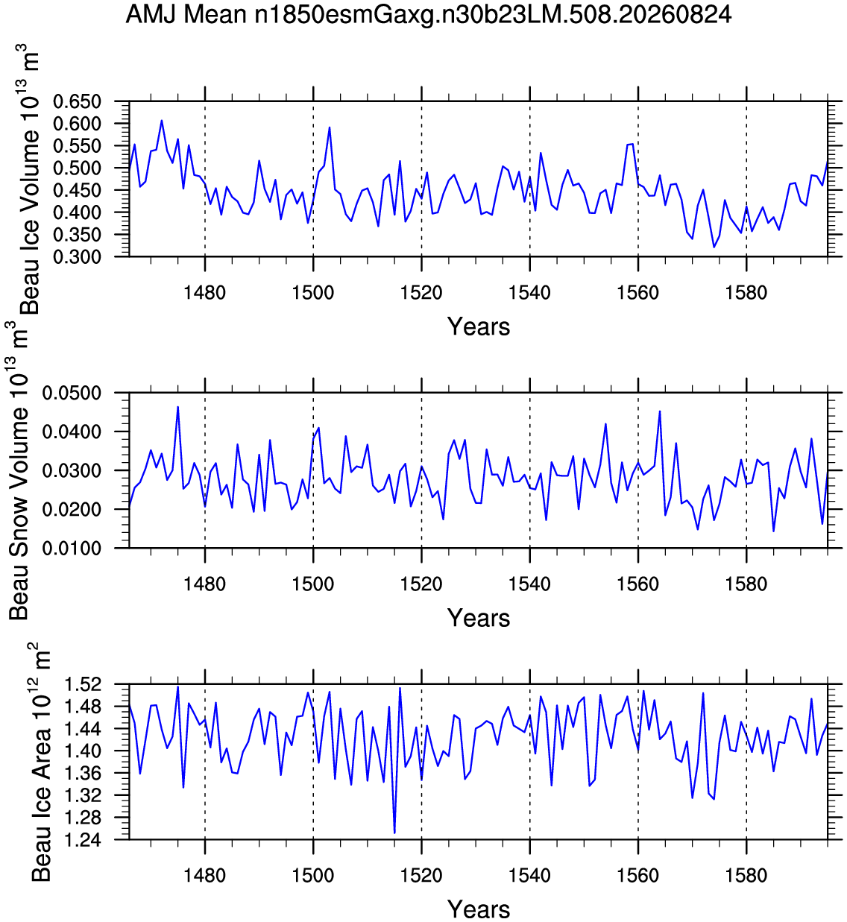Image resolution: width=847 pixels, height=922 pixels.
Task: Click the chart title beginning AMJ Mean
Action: [428, 15]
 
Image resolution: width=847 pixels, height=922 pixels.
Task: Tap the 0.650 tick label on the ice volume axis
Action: [77, 101]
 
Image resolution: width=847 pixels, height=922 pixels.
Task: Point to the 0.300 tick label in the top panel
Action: [77, 257]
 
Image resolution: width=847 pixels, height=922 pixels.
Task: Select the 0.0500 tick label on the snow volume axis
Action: [72, 394]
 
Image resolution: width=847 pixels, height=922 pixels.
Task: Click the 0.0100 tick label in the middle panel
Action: [72, 549]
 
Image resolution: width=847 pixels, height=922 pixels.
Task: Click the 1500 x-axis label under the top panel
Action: [313, 293]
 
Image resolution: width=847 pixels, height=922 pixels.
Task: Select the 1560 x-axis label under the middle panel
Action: [637, 584]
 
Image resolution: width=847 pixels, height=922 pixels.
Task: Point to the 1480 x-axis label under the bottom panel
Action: [204, 875]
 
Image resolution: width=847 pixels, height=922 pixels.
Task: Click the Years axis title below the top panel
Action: [479, 326]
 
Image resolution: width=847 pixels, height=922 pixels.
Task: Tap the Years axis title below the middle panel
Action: [479, 618]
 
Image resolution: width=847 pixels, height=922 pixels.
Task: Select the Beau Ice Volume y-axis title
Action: [28, 179]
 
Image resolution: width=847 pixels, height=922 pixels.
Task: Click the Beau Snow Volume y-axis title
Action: [19, 470]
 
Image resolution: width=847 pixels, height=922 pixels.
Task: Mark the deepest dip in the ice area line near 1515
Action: [394, 833]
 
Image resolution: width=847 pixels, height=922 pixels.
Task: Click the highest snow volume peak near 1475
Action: [178, 407]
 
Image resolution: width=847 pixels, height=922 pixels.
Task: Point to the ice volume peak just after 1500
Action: [330, 127]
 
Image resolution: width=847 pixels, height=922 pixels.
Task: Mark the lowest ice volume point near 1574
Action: [714, 247]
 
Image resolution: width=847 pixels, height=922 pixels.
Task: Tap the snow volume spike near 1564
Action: [660, 411]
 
